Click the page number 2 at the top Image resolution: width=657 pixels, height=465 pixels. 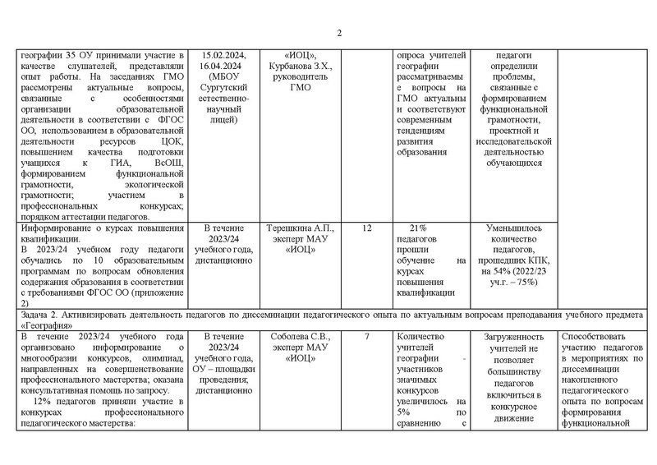point(339,33)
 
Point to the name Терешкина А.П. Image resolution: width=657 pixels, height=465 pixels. point(299,224)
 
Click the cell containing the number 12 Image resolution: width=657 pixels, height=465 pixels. point(365,224)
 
